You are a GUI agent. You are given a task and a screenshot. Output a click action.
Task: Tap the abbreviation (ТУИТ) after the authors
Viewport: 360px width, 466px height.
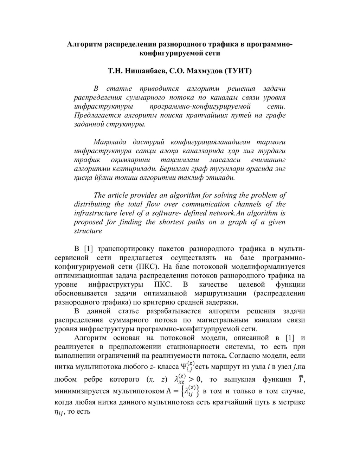click(238, 71)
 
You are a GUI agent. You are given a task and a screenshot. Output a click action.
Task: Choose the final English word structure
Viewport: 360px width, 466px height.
click(88, 231)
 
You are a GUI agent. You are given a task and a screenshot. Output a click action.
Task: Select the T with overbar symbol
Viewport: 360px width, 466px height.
click(301, 379)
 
